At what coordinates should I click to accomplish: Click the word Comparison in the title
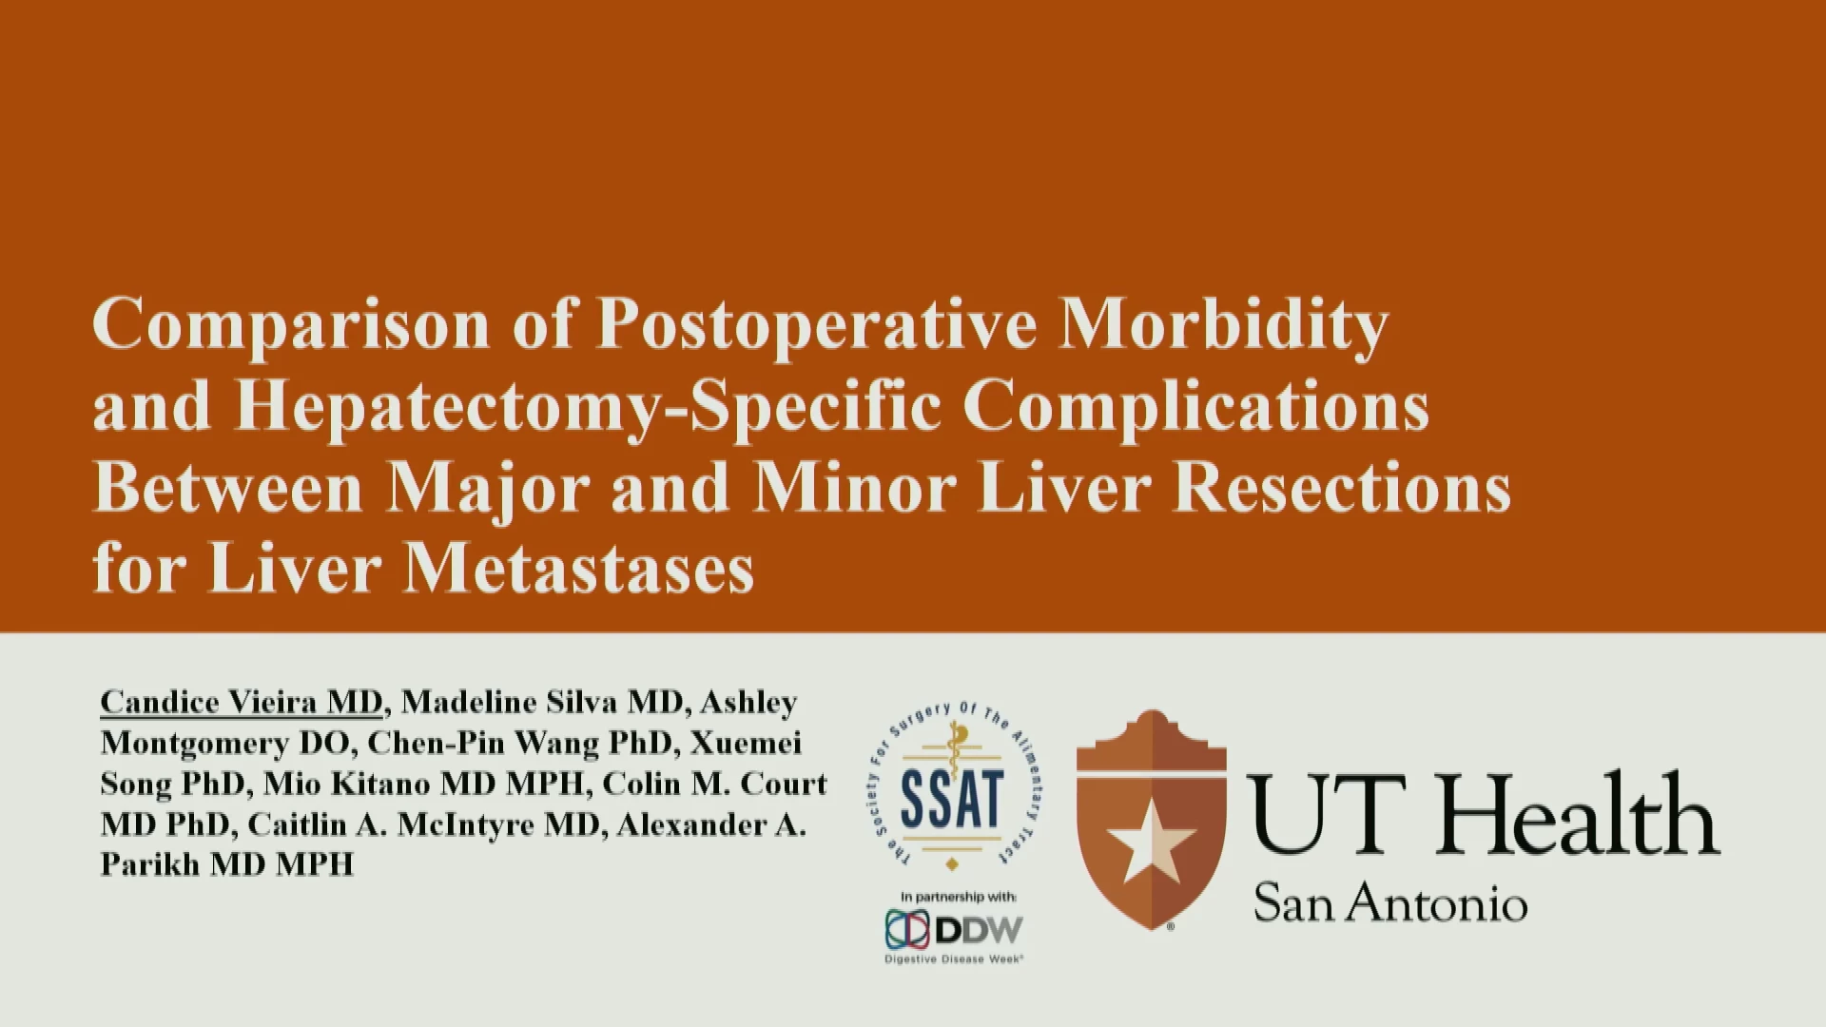click(290, 326)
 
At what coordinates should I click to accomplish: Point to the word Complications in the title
click(1196, 407)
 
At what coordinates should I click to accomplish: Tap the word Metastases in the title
click(579, 569)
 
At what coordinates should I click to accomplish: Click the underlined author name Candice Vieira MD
click(242, 702)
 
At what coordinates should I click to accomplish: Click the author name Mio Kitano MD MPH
click(422, 784)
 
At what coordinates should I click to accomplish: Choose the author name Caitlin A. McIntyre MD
click(424, 824)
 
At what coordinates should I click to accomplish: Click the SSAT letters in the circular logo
click(952, 797)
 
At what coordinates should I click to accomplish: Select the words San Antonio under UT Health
click(1390, 902)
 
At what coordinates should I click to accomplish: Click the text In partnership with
click(959, 897)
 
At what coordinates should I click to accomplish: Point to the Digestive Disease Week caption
click(954, 959)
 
